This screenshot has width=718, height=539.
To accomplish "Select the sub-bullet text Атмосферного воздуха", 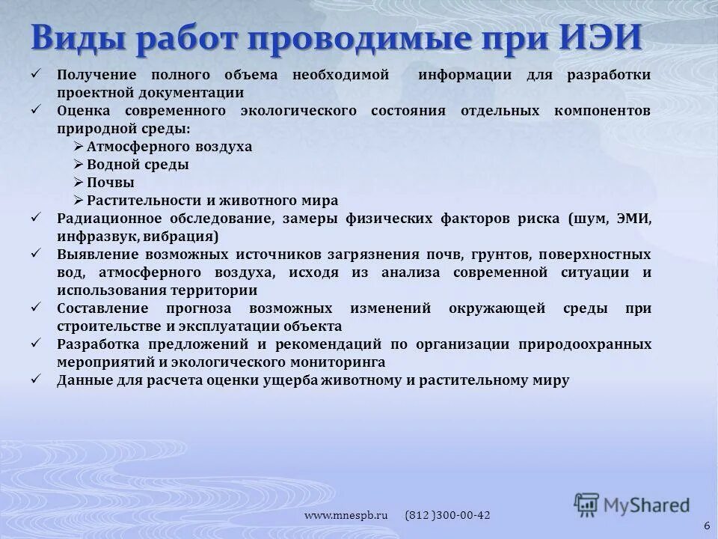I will point(169,147).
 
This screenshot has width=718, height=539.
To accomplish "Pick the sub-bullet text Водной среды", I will point(138,165).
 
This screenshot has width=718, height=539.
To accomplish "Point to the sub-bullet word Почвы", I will point(111,183).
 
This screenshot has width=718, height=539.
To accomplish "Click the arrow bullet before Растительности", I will point(79,201).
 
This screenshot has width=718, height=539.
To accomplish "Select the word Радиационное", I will point(105,219).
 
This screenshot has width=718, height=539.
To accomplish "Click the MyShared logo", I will point(633,504).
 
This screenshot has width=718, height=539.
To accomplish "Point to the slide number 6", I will point(707,526).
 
